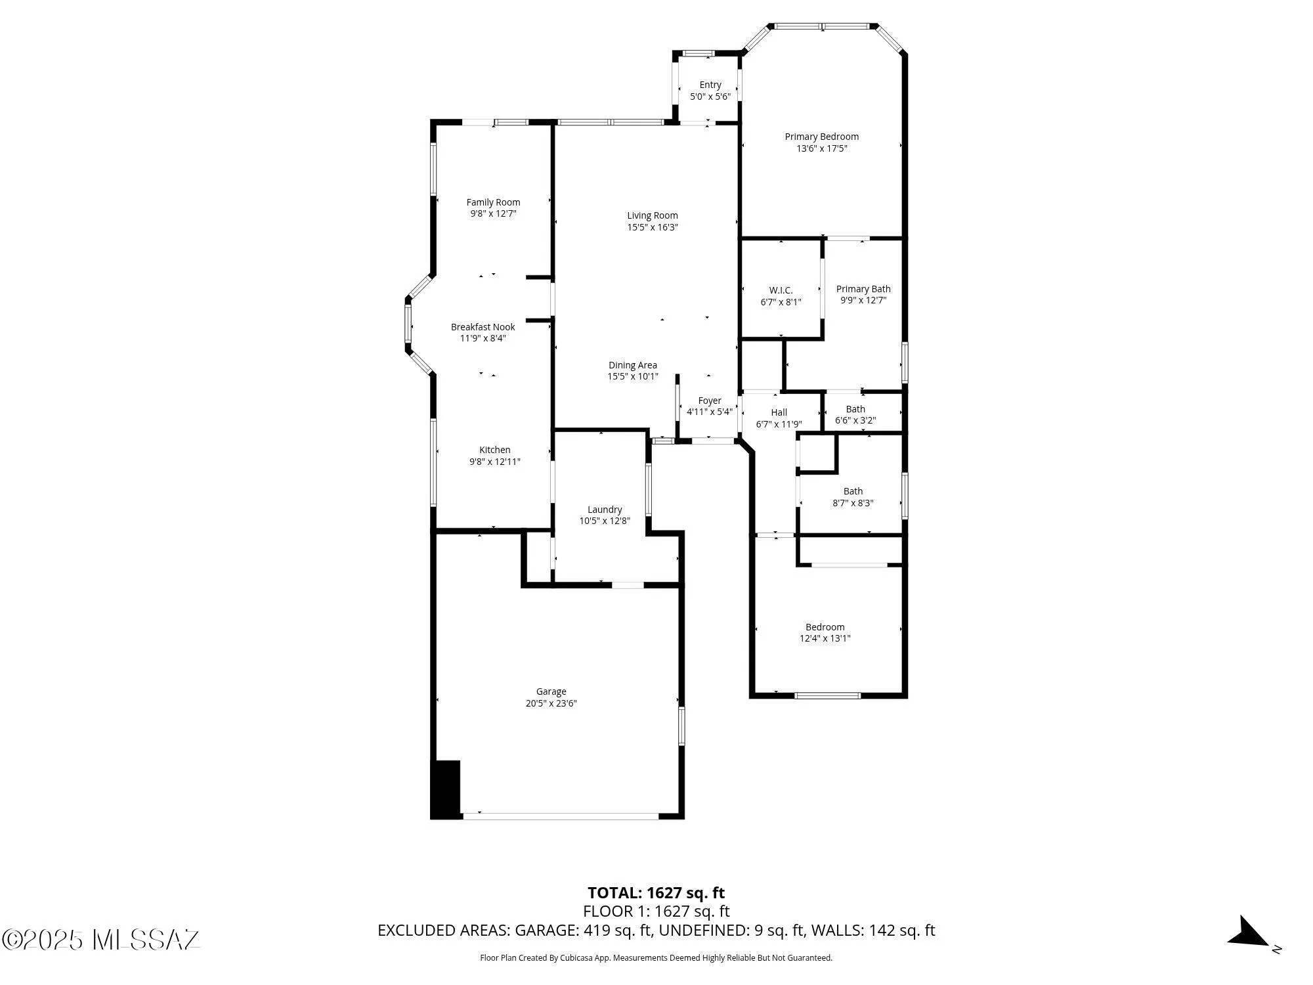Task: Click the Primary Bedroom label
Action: pyautogui.click(x=821, y=137)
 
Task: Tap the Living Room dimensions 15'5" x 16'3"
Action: pyautogui.click(x=652, y=227)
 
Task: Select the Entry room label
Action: pyautogui.click(x=710, y=85)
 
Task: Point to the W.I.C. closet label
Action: pyautogui.click(x=781, y=290)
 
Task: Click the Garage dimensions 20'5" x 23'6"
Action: pyautogui.click(x=551, y=703)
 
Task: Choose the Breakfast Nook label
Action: pyautogui.click(x=483, y=327)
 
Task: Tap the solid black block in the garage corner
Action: pyautogui.click(x=445, y=789)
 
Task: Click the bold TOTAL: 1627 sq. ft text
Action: pyautogui.click(x=656, y=893)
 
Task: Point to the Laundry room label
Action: pyautogui.click(x=604, y=510)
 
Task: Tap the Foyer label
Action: pyautogui.click(x=709, y=401)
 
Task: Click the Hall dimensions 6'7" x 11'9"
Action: pyautogui.click(x=779, y=424)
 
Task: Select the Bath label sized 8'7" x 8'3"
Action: pyautogui.click(x=853, y=491)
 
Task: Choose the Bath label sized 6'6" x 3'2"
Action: pyautogui.click(x=855, y=409)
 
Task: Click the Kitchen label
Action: pyautogui.click(x=494, y=450)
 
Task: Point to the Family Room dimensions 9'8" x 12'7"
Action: pyautogui.click(x=493, y=213)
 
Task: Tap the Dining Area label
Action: pyautogui.click(x=632, y=365)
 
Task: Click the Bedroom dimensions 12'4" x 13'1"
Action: pyautogui.click(x=825, y=638)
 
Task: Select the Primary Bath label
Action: pyautogui.click(x=863, y=289)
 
